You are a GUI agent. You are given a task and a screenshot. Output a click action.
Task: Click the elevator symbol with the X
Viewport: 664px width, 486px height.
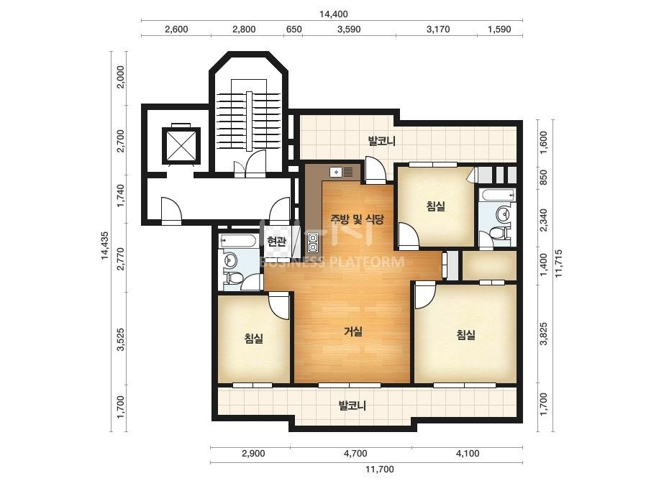[x=181, y=145]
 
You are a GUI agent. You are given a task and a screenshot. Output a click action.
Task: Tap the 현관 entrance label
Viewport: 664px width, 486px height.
[x=276, y=242]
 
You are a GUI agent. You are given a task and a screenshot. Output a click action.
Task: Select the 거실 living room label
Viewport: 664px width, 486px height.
[x=353, y=331]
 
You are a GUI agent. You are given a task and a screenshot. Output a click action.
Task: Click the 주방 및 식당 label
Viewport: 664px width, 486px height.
[x=357, y=219]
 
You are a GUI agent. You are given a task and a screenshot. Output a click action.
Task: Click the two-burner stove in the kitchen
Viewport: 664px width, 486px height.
[x=313, y=242]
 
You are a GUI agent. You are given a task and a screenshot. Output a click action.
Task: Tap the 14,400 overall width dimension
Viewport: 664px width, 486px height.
[x=333, y=14]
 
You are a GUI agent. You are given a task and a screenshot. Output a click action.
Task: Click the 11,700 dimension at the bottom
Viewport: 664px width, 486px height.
[x=379, y=469]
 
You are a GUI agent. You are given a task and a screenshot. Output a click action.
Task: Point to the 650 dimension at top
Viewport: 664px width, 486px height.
[x=294, y=29]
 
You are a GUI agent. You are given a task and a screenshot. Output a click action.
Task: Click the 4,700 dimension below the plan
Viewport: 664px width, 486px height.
[x=355, y=454]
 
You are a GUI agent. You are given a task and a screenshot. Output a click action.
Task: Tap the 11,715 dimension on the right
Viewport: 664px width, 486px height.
[x=558, y=263]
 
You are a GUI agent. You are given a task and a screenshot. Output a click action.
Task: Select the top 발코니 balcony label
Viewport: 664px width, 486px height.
[x=381, y=141]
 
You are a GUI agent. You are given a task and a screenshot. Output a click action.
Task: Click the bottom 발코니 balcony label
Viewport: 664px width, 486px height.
[x=352, y=406]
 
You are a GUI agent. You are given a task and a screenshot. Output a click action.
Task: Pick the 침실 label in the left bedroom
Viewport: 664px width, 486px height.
[x=254, y=338]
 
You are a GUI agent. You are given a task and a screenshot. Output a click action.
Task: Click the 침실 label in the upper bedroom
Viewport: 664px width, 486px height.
[x=435, y=206]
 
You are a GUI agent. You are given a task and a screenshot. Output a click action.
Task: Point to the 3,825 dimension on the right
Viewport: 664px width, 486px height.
[x=544, y=334]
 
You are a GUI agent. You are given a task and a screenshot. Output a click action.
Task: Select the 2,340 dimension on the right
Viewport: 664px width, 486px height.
[x=544, y=220]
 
